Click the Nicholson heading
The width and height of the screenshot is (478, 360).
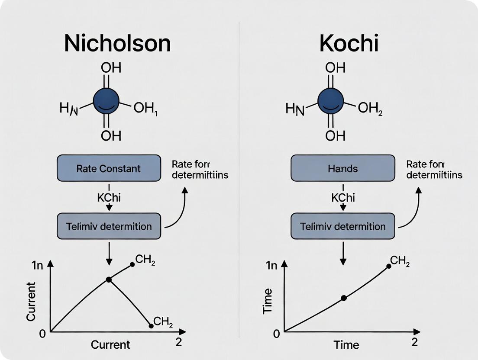point(117,43)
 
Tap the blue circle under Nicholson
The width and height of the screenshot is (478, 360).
point(107,101)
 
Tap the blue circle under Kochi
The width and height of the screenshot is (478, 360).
point(331,101)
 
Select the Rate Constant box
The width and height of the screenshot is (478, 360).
point(109,168)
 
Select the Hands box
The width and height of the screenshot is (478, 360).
point(342,168)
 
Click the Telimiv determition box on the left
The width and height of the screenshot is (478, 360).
point(109,226)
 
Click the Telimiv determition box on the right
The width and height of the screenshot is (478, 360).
point(342,226)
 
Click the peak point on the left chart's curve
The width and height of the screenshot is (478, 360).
point(109,280)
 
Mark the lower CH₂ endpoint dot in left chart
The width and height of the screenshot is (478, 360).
point(151,325)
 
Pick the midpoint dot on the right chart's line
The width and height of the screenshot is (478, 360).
point(344,298)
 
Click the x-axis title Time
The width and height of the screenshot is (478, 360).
point(346,345)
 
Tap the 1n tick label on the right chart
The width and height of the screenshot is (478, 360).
point(271,266)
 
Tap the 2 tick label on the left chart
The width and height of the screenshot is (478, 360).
point(178,342)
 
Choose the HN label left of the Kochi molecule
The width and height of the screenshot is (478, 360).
point(295,109)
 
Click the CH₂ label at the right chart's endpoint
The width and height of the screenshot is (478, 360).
point(400,260)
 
